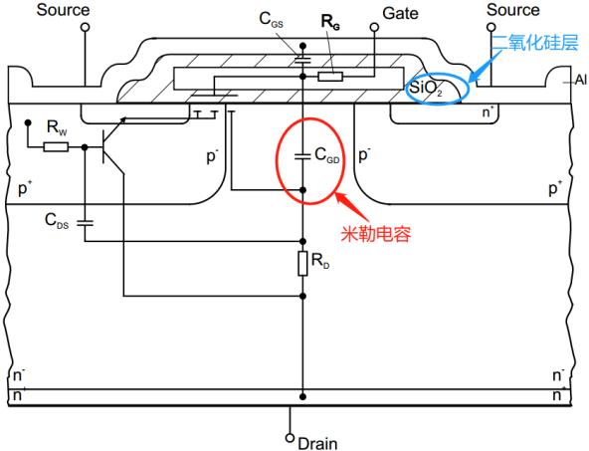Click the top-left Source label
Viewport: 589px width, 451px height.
coord(62,11)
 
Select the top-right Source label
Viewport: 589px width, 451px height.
coord(513,10)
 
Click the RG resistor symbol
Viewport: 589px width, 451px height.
coord(329,75)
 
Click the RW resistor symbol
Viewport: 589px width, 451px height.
coord(56,147)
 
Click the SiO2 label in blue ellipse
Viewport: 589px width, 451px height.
coord(427,88)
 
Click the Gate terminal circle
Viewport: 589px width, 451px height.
coord(376,29)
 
